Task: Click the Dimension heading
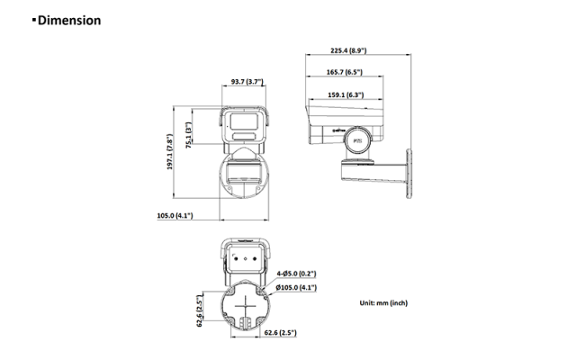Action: [69, 20]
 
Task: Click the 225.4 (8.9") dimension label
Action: [348, 50]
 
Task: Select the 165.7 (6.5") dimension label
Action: [344, 72]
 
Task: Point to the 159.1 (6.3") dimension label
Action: [346, 94]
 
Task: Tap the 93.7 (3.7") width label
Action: [247, 82]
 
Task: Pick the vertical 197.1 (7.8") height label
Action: [169, 152]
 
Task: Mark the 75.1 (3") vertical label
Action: [188, 135]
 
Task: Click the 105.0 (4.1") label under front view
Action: [175, 216]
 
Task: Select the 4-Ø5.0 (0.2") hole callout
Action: [296, 274]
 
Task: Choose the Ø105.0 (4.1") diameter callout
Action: [296, 287]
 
